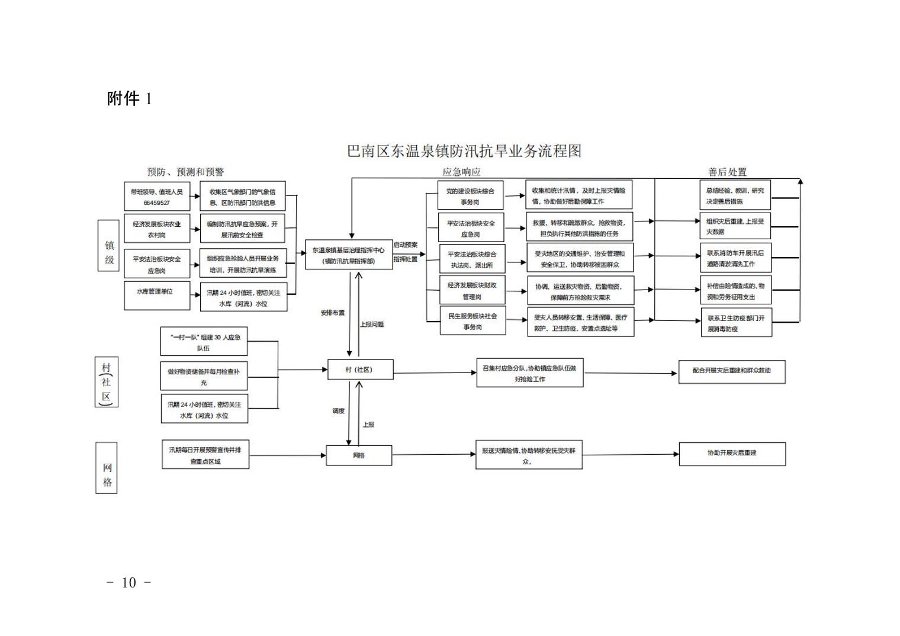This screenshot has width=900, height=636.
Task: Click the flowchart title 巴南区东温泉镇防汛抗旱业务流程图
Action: [x=464, y=151]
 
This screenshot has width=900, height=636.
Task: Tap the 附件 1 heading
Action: [x=129, y=98]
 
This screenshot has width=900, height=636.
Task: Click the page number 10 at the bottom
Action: [x=128, y=583]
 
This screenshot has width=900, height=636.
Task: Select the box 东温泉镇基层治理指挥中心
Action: [x=349, y=255]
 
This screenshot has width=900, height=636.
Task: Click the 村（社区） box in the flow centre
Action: [x=360, y=370]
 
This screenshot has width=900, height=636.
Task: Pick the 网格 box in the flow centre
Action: [x=359, y=455]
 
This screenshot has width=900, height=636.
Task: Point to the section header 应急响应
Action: [x=461, y=172]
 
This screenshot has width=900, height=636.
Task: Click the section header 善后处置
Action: [x=727, y=172]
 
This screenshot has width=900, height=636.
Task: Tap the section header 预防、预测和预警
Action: [x=185, y=172]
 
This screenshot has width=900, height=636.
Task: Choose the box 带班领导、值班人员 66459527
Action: [x=156, y=197]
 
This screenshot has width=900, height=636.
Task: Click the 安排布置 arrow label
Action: [x=332, y=313]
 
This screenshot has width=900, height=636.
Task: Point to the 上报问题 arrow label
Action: [x=372, y=325]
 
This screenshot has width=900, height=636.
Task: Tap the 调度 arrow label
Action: [x=338, y=411]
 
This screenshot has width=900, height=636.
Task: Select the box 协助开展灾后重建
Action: [x=732, y=454]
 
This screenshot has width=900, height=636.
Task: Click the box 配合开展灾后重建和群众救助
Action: [x=732, y=371]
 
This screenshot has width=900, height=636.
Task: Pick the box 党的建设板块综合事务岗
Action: [x=470, y=196]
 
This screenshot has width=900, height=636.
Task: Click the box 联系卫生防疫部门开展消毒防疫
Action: [x=736, y=323]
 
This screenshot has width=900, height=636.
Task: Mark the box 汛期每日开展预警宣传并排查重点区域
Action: [x=205, y=455]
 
